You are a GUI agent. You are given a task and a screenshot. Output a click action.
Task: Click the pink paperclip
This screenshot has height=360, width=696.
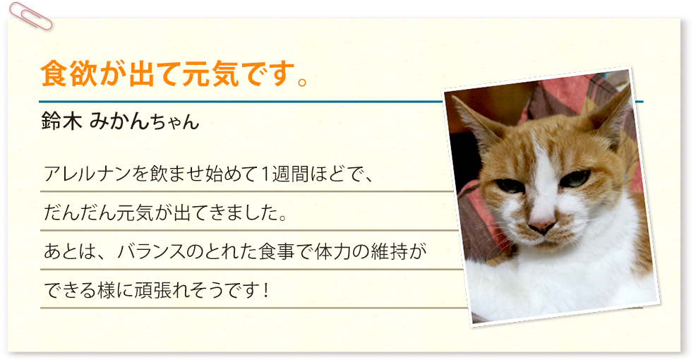click(x=30, y=16)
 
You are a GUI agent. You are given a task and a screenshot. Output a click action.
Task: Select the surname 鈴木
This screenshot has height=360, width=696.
click(x=61, y=121)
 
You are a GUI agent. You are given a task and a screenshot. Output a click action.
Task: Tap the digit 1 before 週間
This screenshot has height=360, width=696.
click(x=264, y=174)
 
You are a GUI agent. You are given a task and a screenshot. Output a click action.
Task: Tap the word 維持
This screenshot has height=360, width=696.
click(x=394, y=252)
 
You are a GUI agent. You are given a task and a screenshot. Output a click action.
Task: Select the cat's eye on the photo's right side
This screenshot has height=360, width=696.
click(x=575, y=179)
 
